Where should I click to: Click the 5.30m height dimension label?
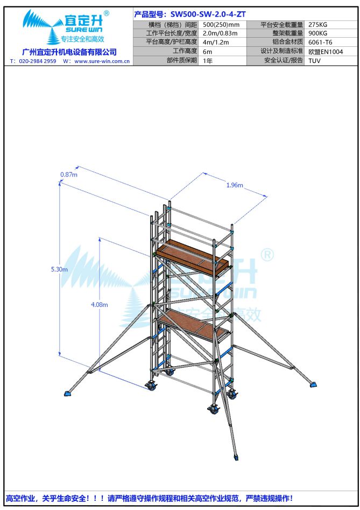59,269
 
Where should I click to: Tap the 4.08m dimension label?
99,305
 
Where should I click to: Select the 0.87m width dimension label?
69,174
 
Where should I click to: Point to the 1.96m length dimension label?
235,185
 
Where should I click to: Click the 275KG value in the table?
318,25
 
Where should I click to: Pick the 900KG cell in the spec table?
318,33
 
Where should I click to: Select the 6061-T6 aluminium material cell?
320,42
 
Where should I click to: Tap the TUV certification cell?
314,60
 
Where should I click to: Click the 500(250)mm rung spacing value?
221,25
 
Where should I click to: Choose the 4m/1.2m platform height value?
216,42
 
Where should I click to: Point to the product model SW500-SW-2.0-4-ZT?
208,15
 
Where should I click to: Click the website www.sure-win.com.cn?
102,61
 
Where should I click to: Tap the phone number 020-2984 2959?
37,61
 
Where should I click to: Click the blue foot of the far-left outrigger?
68,393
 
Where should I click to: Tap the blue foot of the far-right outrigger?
313,385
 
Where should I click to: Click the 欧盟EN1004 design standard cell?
326,51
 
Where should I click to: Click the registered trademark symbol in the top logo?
106,13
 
